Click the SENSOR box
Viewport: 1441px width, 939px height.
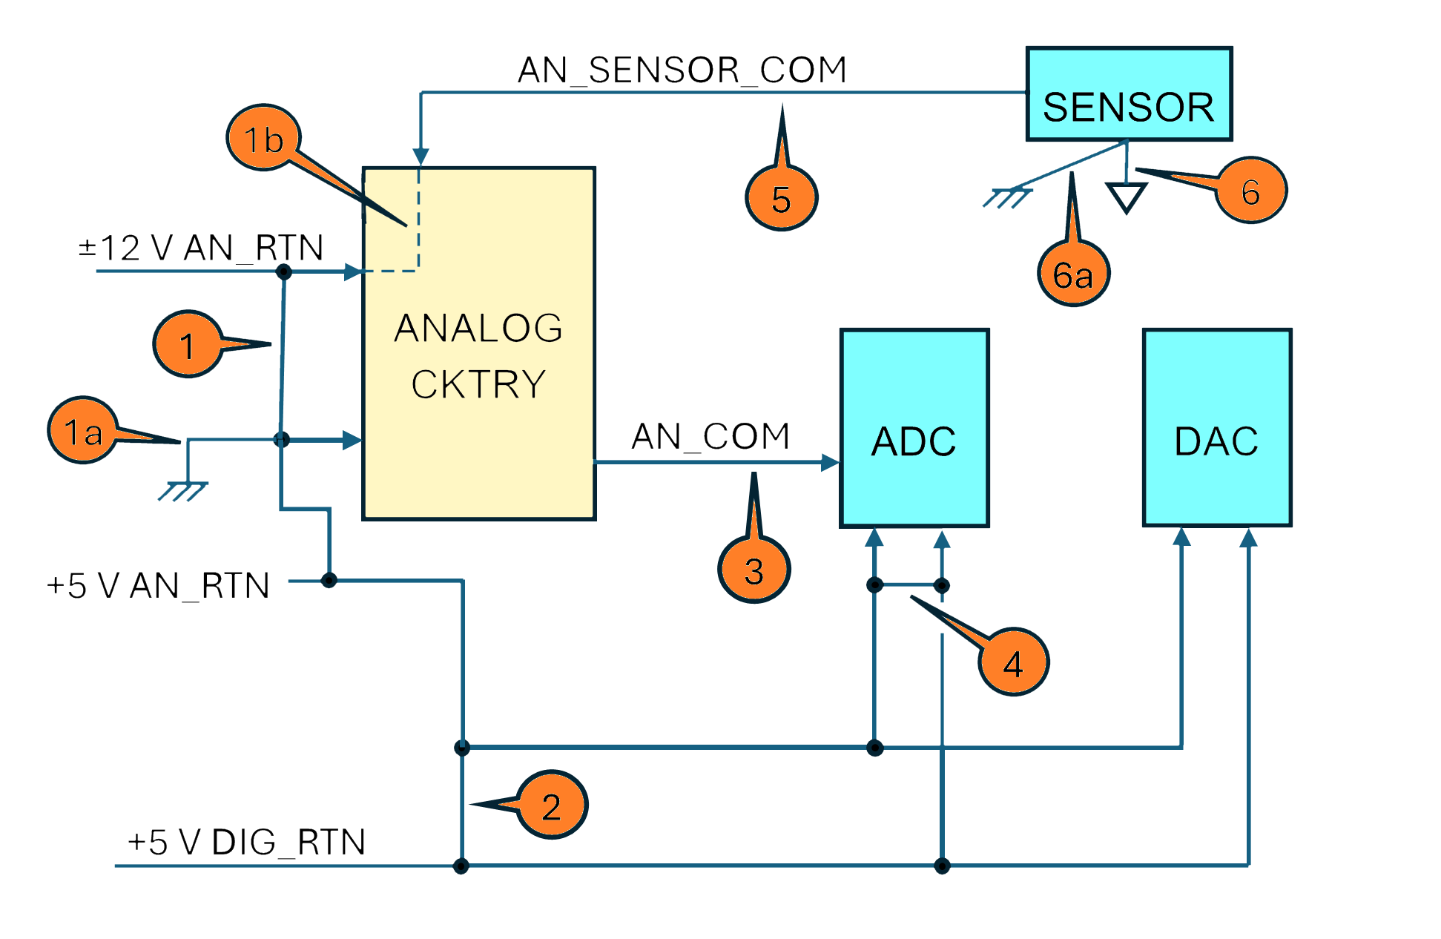pyautogui.click(x=1128, y=94)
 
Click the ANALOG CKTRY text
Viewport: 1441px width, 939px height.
pyautogui.click(x=478, y=356)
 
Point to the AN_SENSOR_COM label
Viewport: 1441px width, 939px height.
pyautogui.click(x=682, y=70)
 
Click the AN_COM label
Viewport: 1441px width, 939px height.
pyautogui.click(x=710, y=436)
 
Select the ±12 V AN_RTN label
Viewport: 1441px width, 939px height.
pyautogui.click(x=201, y=248)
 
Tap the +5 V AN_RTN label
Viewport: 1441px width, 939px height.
pyautogui.click(x=158, y=586)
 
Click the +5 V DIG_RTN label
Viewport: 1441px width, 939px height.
pyautogui.click(x=246, y=843)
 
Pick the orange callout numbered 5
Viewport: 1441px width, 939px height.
pyautogui.click(x=781, y=199)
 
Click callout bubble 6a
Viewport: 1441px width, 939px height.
pyautogui.click(x=1073, y=275)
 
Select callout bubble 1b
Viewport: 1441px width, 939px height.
pyautogui.click(x=263, y=139)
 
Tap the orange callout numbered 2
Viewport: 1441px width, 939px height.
pyautogui.click(x=551, y=806)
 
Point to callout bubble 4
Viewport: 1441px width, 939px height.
pyautogui.click(x=1013, y=663)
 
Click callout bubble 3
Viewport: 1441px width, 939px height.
pyautogui.click(x=754, y=570)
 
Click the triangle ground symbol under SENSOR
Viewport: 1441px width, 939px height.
pyautogui.click(x=1127, y=197)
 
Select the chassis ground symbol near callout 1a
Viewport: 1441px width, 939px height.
pyautogui.click(x=182, y=490)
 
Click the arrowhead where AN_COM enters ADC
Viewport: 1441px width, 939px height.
pyautogui.click(x=830, y=463)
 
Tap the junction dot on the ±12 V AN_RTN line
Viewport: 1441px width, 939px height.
pyautogui.click(x=283, y=272)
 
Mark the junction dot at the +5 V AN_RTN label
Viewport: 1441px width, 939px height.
pyautogui.click(x=329, y=580)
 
